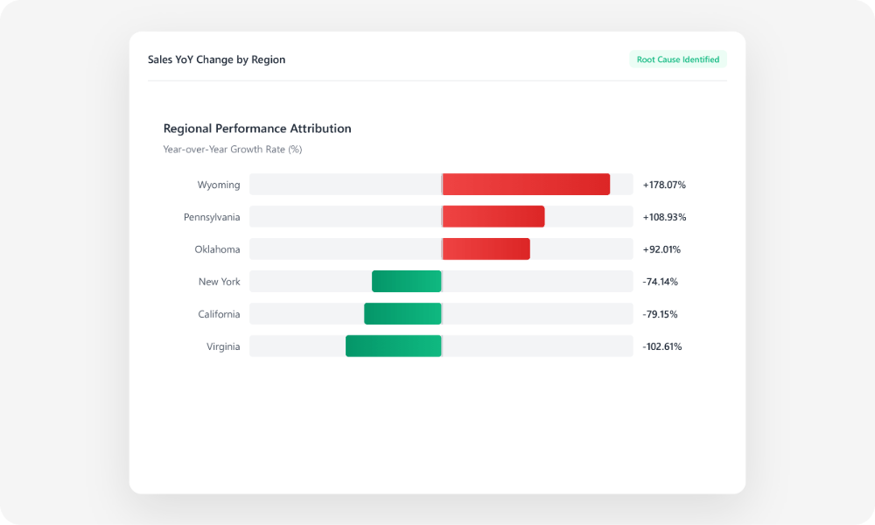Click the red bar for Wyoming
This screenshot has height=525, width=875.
coord(526,185)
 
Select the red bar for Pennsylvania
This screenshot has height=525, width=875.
coord(493,217)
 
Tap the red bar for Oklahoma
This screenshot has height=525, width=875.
coord(486,249)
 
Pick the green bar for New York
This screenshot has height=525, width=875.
coord(407,282)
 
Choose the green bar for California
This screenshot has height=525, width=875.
coord(402,314)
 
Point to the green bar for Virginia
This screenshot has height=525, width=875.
coord(394,346)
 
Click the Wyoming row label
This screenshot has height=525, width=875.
coord(219,185)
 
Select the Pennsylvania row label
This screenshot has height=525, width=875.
coord(212,217)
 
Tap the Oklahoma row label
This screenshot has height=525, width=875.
coord(217,249)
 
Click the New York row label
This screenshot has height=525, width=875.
coord(219,282)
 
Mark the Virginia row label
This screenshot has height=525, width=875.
coord(223,346)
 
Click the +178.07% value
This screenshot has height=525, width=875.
coord(664,185)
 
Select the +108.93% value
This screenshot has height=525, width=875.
coord(664,217)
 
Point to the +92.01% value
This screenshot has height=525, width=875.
coord(661,249)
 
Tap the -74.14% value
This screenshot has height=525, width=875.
coord(661,282)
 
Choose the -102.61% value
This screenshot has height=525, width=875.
coord(662,346)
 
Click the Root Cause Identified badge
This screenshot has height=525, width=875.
coord(678,59)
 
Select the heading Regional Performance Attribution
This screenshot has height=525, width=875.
coord(257,129)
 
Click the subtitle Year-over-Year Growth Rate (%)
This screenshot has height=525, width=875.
coord(233,150)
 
